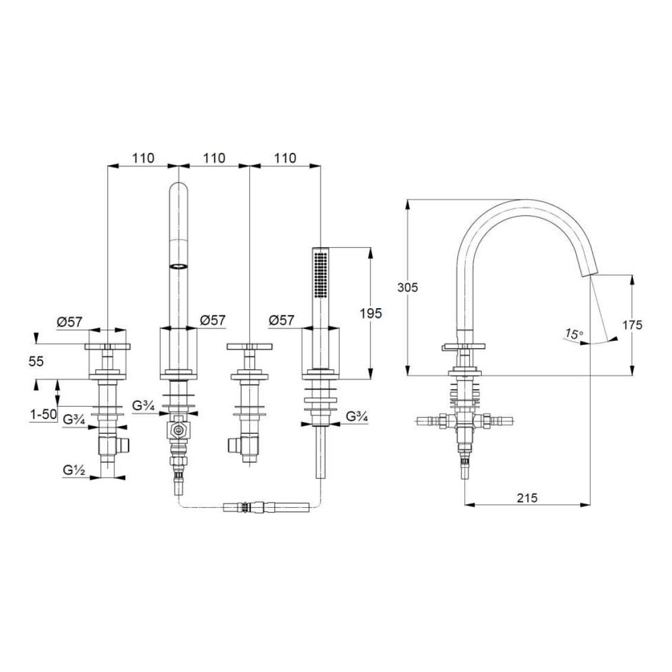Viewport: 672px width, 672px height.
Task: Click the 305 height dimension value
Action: tap(408, 287)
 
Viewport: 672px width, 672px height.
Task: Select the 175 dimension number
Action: tap(632, 324)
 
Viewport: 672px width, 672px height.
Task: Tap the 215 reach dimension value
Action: tap(527, 497)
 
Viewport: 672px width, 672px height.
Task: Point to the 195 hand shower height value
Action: tap(371, 313)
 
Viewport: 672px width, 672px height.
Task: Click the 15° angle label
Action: tap(574, 334)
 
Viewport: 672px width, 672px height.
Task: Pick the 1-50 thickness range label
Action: tap(43, 415)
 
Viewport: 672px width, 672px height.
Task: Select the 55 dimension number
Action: tap(37, 361)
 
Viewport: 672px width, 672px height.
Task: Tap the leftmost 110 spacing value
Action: tap(143, 158)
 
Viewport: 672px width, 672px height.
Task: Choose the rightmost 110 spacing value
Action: tap(285, 158)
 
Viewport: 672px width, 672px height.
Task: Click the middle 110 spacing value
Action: tap(214, 158)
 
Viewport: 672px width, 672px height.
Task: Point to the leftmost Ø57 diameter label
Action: tap(69, 322)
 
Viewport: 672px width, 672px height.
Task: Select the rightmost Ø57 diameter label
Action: tap(281, 320)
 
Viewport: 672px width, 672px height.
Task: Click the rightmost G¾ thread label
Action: tap(357, 417)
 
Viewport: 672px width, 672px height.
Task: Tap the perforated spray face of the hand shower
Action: tap(321, 275)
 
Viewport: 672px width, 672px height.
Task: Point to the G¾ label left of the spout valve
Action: tap(144, 407)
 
